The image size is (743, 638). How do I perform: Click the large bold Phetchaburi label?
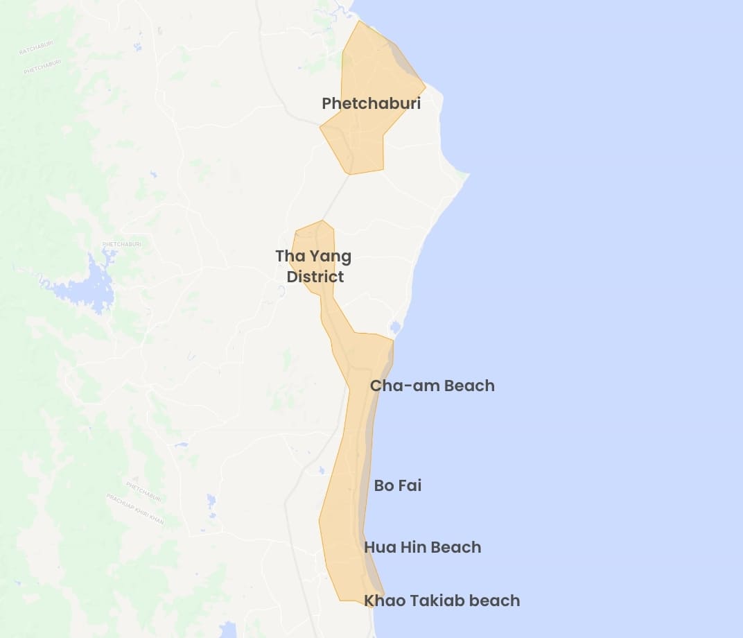(371, 103)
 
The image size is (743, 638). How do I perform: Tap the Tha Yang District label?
(313, 266)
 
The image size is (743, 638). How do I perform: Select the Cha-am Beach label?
(432, 386)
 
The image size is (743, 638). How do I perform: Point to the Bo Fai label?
(397, 485)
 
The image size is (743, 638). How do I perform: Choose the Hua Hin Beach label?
(422, 547)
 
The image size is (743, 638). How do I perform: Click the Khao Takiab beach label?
(442, 601)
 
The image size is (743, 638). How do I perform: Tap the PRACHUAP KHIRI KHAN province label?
(135, 508)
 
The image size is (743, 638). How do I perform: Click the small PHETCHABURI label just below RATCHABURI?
(42, 67)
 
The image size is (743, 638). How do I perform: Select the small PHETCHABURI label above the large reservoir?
(121, 244)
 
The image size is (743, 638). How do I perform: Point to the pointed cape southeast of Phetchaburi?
(465, 174)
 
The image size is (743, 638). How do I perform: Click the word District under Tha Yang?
(315, 277)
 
